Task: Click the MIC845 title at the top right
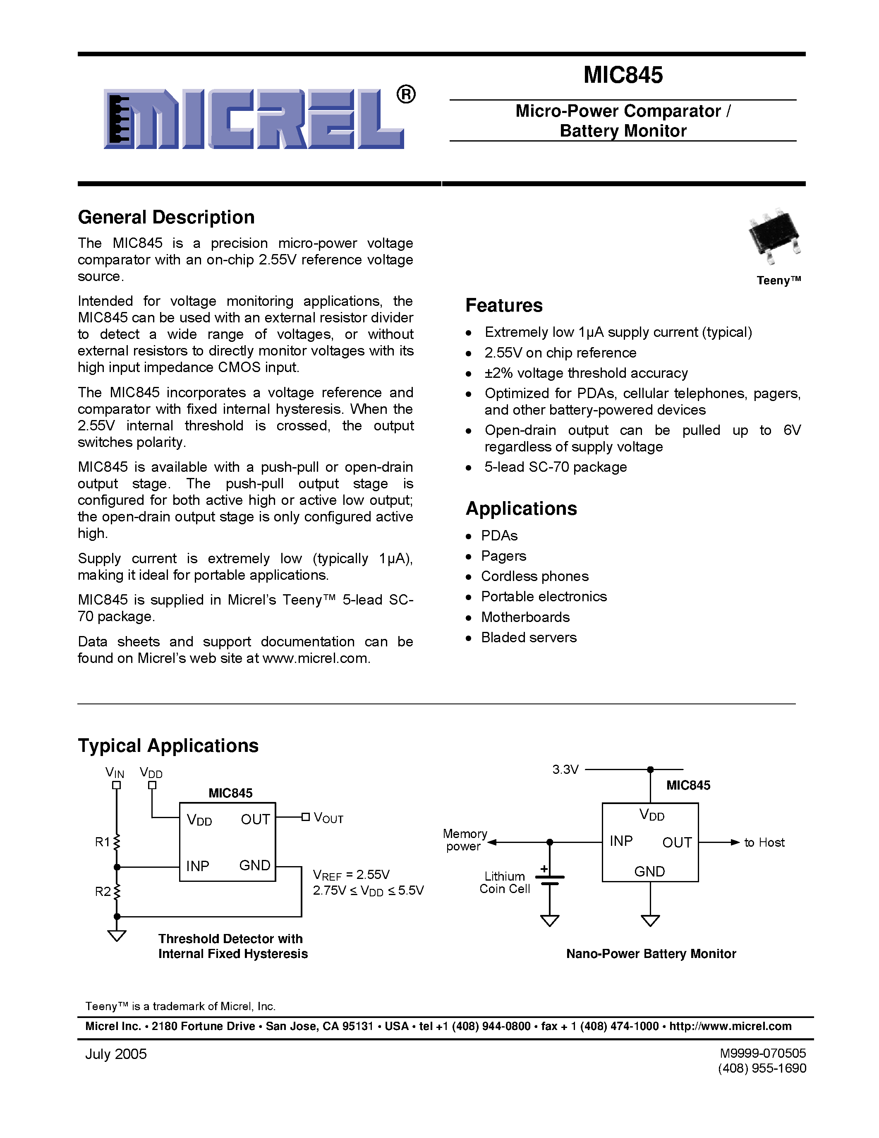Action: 623,75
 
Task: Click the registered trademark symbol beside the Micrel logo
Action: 406,95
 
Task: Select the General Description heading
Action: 166,217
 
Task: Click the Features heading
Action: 503,305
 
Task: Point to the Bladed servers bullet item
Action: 529,637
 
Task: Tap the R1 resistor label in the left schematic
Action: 102,842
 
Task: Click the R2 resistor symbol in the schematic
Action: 117,891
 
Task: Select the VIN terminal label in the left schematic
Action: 115,773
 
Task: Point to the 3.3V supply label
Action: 565,770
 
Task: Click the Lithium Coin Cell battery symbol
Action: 549,879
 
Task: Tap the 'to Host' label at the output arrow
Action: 764,843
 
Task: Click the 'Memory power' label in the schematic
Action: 465,840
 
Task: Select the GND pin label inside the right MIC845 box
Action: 649,871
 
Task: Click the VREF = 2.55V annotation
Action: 351,874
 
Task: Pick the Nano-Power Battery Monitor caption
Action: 651,953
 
